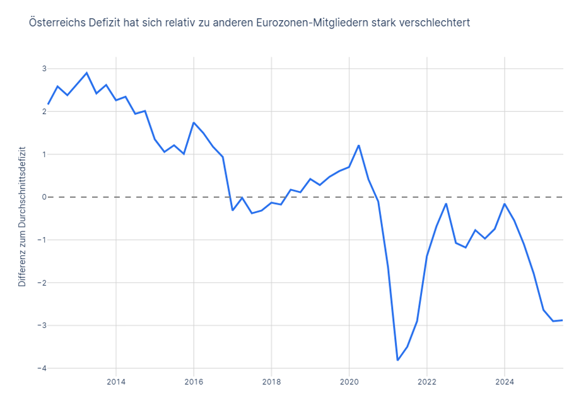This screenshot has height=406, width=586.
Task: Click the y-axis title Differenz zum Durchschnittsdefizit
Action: pyautogui.click(x=22, y=217)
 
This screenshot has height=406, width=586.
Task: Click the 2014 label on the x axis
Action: pyautogui.click(x=116, y=381)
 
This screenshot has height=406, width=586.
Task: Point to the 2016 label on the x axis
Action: pyautogui.click(x=194, y=381)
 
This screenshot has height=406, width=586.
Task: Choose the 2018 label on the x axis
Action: pyautogui.click(x=271, y=381)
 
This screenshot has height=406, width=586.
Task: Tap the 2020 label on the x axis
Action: pyautogui.click(x=349, y=381)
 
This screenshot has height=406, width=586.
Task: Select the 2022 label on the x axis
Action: pyautogui.click(x=427, y=381)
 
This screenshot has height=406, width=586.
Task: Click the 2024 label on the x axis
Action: pyautogui.click(x=505, y=381)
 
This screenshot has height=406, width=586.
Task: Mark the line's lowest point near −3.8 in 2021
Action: pyautogui.click(x=398, y=360)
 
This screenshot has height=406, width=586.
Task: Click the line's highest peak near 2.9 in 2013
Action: pyautogui.click(x=87, y=72)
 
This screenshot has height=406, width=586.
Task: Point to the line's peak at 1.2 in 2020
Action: pyautogui.click(x=359, y=146)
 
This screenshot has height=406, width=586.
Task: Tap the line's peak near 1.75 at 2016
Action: pyautogui.click(x=194, y=122)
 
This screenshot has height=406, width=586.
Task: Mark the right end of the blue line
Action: pyautogui.click(x=563, y=320)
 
